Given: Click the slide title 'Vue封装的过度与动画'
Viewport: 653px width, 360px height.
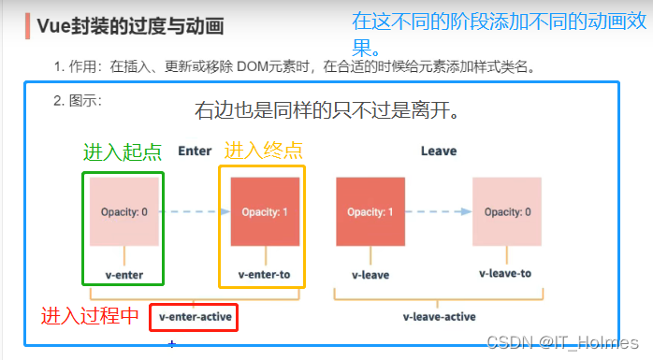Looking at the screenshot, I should [130, 26].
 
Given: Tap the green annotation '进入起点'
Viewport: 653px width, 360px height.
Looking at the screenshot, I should [122, 151].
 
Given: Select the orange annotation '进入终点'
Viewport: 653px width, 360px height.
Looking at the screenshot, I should [263, 151].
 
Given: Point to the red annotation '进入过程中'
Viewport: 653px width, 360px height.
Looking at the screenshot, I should [90, 316].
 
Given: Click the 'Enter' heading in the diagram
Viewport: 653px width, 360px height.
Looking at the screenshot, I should [195, 151].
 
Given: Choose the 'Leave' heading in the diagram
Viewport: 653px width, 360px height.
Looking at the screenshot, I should [439, 151].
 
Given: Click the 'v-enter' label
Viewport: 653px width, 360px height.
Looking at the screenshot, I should [123, 275].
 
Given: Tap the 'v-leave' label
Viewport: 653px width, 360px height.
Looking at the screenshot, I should [370, 275].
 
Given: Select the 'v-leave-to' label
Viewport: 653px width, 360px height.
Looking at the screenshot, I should [505, 274].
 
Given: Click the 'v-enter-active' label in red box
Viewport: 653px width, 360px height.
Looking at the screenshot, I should [195, 317].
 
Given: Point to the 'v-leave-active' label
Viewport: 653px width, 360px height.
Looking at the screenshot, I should [438, 317].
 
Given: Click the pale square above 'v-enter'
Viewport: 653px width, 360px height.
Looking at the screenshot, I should [123, 212].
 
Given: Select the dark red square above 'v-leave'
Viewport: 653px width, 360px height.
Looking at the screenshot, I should [370, 212].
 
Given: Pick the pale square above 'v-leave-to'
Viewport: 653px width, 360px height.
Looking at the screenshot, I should [506, 212].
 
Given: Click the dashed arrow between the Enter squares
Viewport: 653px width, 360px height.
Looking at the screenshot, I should [195, 212].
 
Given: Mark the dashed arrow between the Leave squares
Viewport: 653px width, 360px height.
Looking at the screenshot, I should [438, 212].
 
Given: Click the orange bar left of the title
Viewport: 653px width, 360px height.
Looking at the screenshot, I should [28, 26].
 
